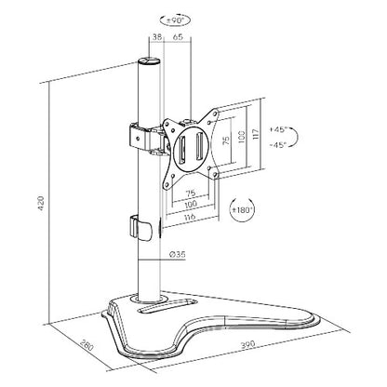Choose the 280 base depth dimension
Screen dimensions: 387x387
tap(61, 347)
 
